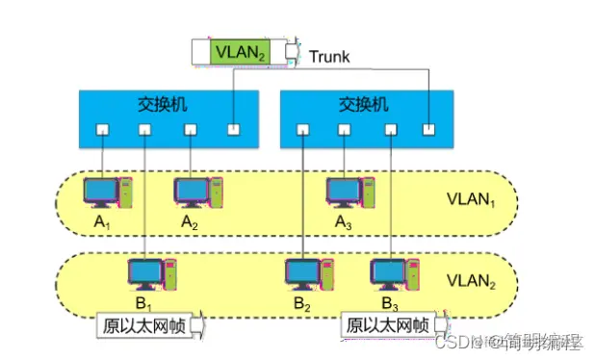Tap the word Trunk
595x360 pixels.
coord(329,56)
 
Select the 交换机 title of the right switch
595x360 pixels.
coord(362,103)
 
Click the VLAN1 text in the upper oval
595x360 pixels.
coord(469,203)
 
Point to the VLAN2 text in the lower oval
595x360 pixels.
coord(469,284)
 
